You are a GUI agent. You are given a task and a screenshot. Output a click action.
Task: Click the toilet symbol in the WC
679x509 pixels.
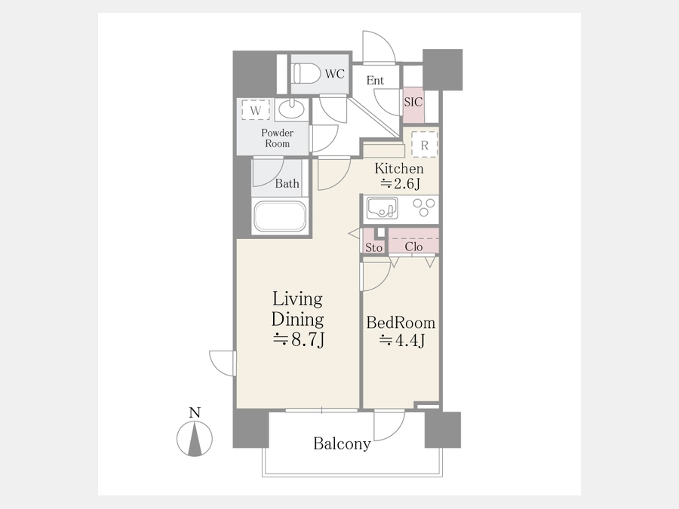[306, 74]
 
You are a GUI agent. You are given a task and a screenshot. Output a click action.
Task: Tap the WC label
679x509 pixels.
[335, 74]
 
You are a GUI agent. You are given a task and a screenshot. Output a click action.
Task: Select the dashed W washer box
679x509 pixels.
[256, 110]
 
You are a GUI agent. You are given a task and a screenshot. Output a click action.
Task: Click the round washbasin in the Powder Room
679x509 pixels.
[291, 109]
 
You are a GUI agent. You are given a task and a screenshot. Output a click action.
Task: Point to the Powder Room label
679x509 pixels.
[277, 138]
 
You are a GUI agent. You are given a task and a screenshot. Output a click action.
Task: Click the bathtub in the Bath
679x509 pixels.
[280, 216]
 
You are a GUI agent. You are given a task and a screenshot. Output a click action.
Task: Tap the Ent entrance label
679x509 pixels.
[375, 80]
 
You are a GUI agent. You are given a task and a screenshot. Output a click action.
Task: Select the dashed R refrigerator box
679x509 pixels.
[424, 145]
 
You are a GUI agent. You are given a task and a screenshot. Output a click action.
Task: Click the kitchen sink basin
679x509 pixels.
[382, 208]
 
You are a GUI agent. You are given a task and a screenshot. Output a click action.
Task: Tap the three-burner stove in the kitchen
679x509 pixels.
[423, 207]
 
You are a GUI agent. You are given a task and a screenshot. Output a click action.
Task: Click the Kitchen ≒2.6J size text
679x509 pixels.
[399, 176]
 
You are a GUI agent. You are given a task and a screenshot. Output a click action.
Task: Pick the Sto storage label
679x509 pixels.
[373, 247]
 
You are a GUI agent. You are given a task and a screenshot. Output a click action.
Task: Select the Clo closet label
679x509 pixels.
[413, 247]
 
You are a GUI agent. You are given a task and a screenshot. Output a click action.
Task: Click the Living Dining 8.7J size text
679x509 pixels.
[298, 320]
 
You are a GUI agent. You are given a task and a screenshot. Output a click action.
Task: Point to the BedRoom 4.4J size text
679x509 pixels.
[401, 332]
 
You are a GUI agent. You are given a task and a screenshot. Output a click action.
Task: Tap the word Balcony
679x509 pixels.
[342, 444]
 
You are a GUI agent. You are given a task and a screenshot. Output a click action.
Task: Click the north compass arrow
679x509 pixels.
[195, 439]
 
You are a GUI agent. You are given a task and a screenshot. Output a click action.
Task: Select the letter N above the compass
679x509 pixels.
[195, 412]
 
